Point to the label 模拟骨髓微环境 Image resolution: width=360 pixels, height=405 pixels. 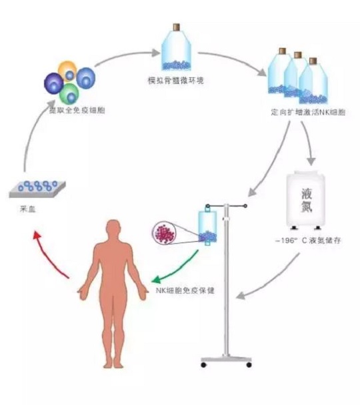tap(177, 81)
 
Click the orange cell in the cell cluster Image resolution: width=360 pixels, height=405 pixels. tap(67, 70)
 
